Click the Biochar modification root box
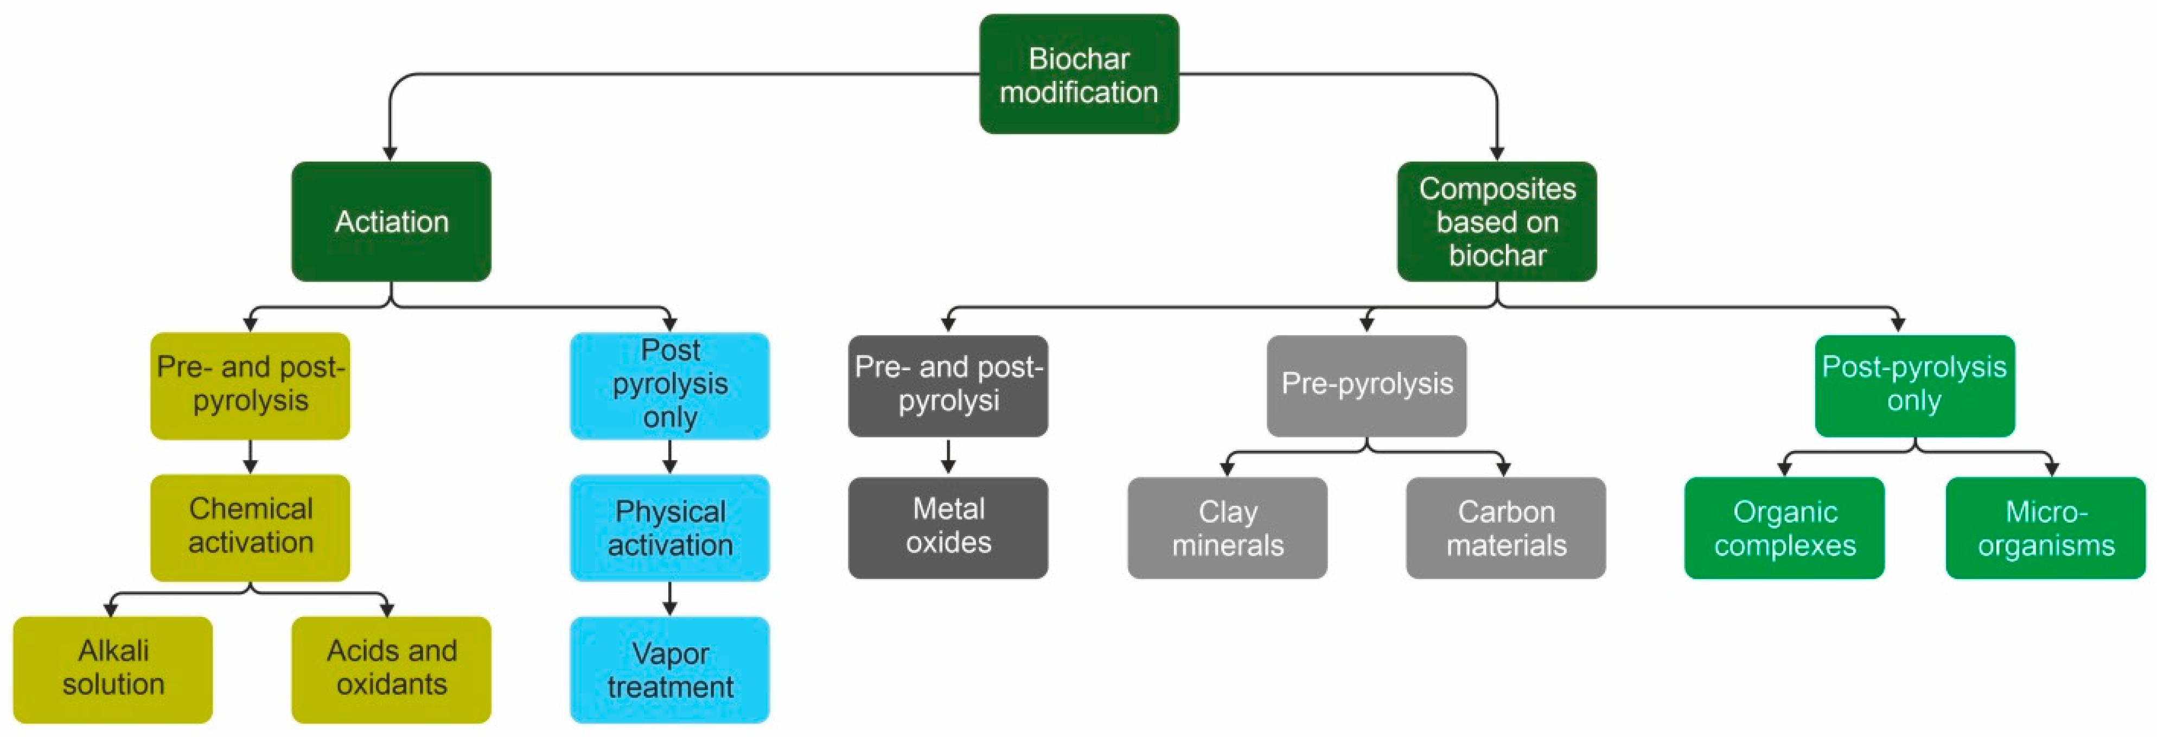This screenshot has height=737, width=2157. [1078, 74]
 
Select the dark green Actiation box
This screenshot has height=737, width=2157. [391, 221]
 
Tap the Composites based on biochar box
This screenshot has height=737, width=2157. [1496, 221]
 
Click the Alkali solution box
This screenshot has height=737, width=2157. [113, 668]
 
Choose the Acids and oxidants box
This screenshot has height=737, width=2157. [391, 668]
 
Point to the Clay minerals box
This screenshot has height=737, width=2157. [1227, 527]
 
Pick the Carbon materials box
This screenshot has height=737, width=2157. [1505, 527]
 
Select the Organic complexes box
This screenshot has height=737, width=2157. [1784, 527]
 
